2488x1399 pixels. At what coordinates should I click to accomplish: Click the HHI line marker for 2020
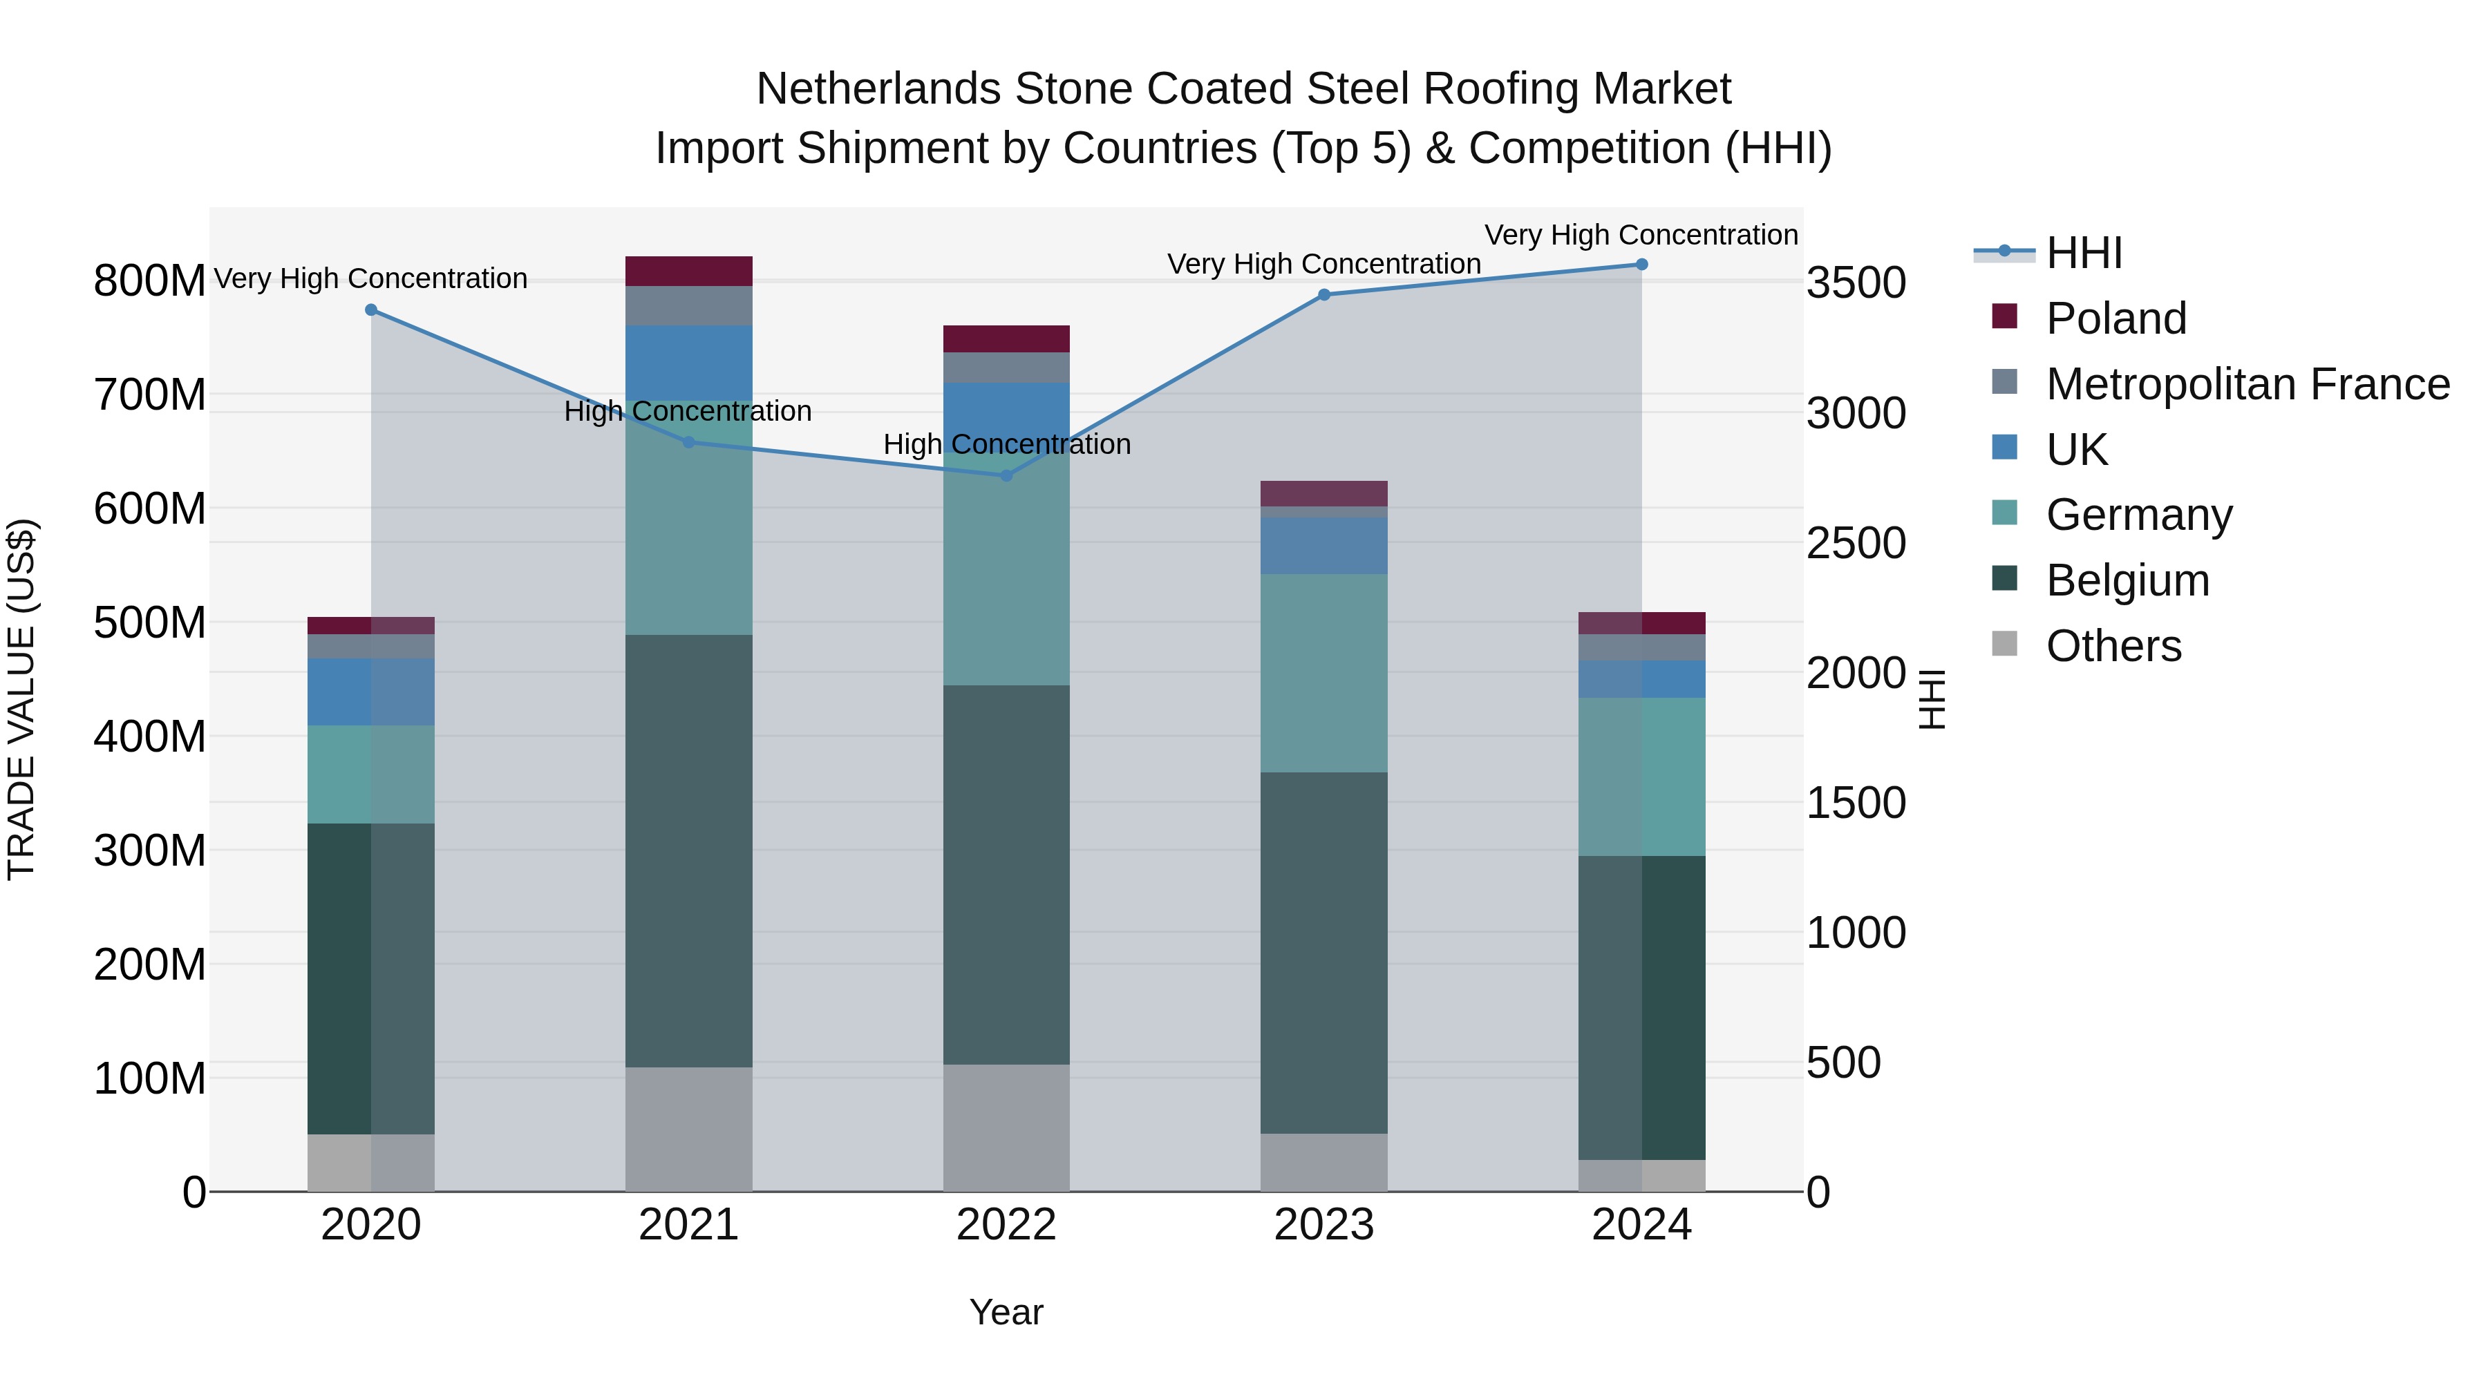371,310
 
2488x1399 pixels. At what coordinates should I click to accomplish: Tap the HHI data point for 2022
1006,475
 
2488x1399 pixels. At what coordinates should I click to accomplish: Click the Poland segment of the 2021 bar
688,272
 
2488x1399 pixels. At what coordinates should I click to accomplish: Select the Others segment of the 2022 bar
1006,1127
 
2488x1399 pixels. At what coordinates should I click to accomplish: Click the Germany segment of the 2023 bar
1323,673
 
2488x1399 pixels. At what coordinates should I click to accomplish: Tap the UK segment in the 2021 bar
688,362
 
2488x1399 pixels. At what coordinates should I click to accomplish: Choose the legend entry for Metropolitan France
2247,384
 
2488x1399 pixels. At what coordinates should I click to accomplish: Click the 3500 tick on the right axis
1856,284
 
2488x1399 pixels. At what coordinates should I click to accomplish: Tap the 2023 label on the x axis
1323,1225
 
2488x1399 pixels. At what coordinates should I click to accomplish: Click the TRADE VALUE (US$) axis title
21,699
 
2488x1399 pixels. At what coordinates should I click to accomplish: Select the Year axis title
1006,1312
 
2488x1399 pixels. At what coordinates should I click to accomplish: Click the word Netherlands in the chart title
877,89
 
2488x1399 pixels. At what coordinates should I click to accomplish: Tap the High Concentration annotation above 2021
688,411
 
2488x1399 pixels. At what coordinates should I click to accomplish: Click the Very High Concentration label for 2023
1323,264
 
